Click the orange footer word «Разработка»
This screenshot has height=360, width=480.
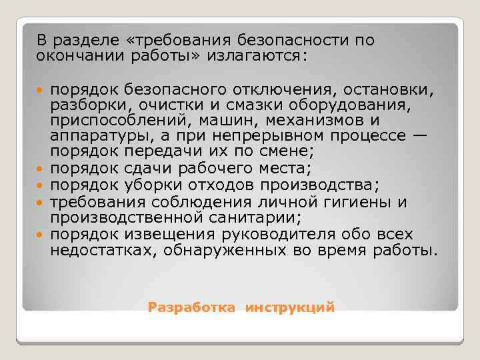191,307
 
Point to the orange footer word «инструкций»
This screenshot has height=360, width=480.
289,307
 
